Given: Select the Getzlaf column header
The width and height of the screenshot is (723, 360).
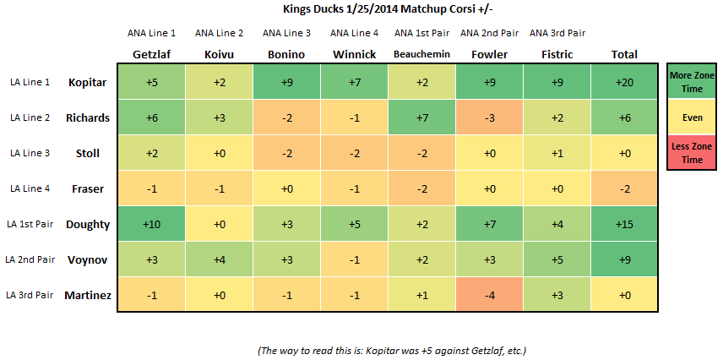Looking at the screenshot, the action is [151, 54].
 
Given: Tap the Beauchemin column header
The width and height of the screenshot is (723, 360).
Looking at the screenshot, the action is [422, 54].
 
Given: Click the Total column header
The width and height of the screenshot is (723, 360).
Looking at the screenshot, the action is [624, 54].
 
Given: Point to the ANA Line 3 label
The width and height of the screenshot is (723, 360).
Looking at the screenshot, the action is [286, 33].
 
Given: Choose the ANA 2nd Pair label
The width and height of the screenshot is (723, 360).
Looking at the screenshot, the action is [489, 33].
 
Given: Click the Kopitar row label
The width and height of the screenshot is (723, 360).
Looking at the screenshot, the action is [86, 82].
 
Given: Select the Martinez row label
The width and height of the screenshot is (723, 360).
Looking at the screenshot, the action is [88, 295].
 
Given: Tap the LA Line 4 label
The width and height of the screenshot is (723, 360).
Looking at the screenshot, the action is [30, 188].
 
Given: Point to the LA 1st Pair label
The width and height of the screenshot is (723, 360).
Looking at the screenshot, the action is [30, 224].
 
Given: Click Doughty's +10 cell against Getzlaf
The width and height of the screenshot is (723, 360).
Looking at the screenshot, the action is [151, 224].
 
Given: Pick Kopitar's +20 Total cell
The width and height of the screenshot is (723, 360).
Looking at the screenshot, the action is [624, 82].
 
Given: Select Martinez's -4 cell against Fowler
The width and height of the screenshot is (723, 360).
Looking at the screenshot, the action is [490, 295].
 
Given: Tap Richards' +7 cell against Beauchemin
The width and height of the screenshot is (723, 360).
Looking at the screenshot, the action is [422, 117].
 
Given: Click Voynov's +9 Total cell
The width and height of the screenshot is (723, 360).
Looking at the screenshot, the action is [624, 259].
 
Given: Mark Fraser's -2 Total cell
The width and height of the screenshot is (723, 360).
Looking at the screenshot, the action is [624, 188].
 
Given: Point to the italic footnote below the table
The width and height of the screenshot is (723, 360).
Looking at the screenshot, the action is [392, 351].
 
